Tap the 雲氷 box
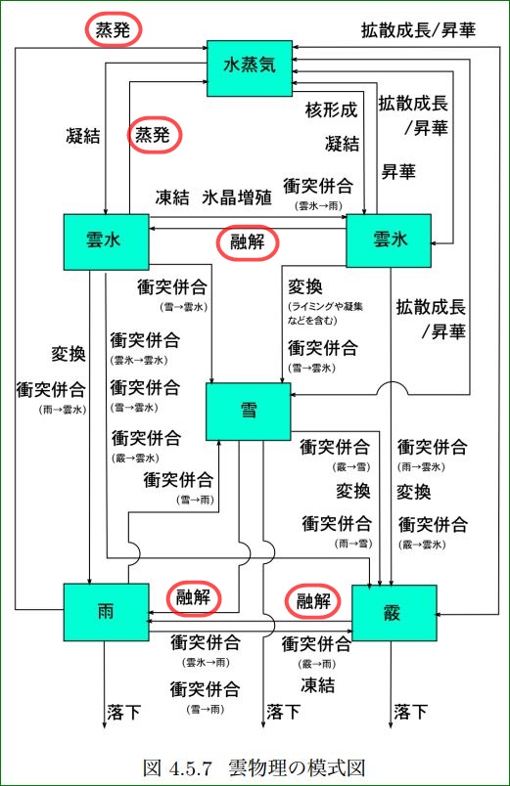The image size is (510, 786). click(390, 240)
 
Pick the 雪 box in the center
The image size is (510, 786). click(248, 411)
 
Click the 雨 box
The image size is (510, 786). click(106, 611)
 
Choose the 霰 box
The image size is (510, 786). click(393, 612)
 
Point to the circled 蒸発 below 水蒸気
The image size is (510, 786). click(157, 135)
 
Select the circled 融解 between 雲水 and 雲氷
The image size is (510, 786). click(247, 242)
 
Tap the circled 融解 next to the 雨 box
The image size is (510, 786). click(193, 596)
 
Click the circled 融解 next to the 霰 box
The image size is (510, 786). click(312, 599)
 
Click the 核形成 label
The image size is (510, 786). click(331, 109)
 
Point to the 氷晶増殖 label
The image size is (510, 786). click(237, 197)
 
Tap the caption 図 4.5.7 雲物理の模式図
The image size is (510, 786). click(255, 766)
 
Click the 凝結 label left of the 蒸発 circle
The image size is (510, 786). click(78, 137)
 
